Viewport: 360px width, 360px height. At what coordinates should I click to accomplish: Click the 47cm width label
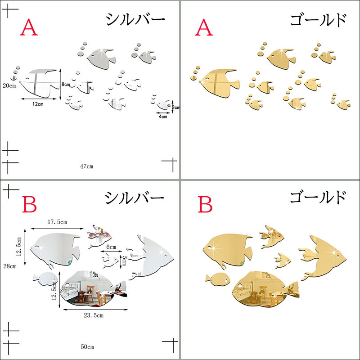pos(86,166)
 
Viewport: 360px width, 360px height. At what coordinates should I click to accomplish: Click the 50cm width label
pos(87,346)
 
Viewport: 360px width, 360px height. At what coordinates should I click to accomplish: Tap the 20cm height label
pos(9,85)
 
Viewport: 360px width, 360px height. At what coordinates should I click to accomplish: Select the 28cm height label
pos(10,266)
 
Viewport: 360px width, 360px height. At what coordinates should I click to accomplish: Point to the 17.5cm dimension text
pos(57,222)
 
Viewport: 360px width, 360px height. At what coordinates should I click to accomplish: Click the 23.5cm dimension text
pos(94,315)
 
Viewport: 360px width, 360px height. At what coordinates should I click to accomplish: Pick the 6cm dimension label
pos(111,247)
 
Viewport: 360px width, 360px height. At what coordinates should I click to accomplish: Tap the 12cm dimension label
pos(38,104)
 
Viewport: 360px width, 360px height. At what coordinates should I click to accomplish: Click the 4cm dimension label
pos(163,117)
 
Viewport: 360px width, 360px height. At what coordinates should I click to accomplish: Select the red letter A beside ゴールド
pos(204,27)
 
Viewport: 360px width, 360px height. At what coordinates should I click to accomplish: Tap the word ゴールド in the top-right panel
pos(318,20)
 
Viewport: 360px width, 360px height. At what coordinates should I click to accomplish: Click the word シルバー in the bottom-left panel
pos(135,198)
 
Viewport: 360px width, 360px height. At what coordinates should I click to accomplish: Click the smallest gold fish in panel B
pos(283,260)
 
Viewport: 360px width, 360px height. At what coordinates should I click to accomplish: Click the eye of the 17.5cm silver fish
pos(37,247)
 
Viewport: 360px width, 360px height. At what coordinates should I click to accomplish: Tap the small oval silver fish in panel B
pos(45,278)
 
